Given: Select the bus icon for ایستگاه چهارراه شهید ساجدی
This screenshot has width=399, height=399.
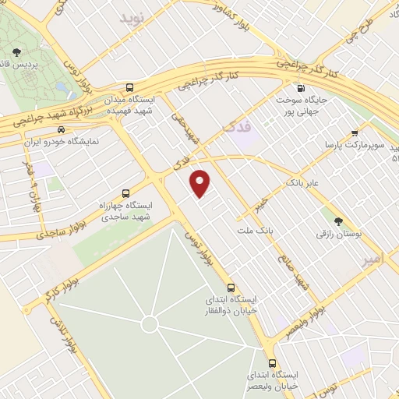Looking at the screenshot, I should (125, 192).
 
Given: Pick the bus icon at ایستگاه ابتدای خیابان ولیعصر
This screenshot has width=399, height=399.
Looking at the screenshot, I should (272, 363).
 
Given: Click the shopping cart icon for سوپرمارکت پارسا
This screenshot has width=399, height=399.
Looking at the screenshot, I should (355, 132).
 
